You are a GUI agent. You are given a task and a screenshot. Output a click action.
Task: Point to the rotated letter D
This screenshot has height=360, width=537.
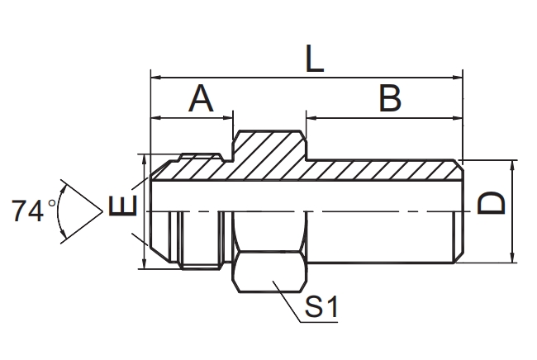(x=492, y=202)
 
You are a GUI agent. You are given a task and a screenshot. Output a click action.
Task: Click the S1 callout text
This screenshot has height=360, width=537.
(x=321, y=308)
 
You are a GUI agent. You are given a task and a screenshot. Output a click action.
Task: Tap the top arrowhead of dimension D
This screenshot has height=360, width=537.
(x=514, y=164)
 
